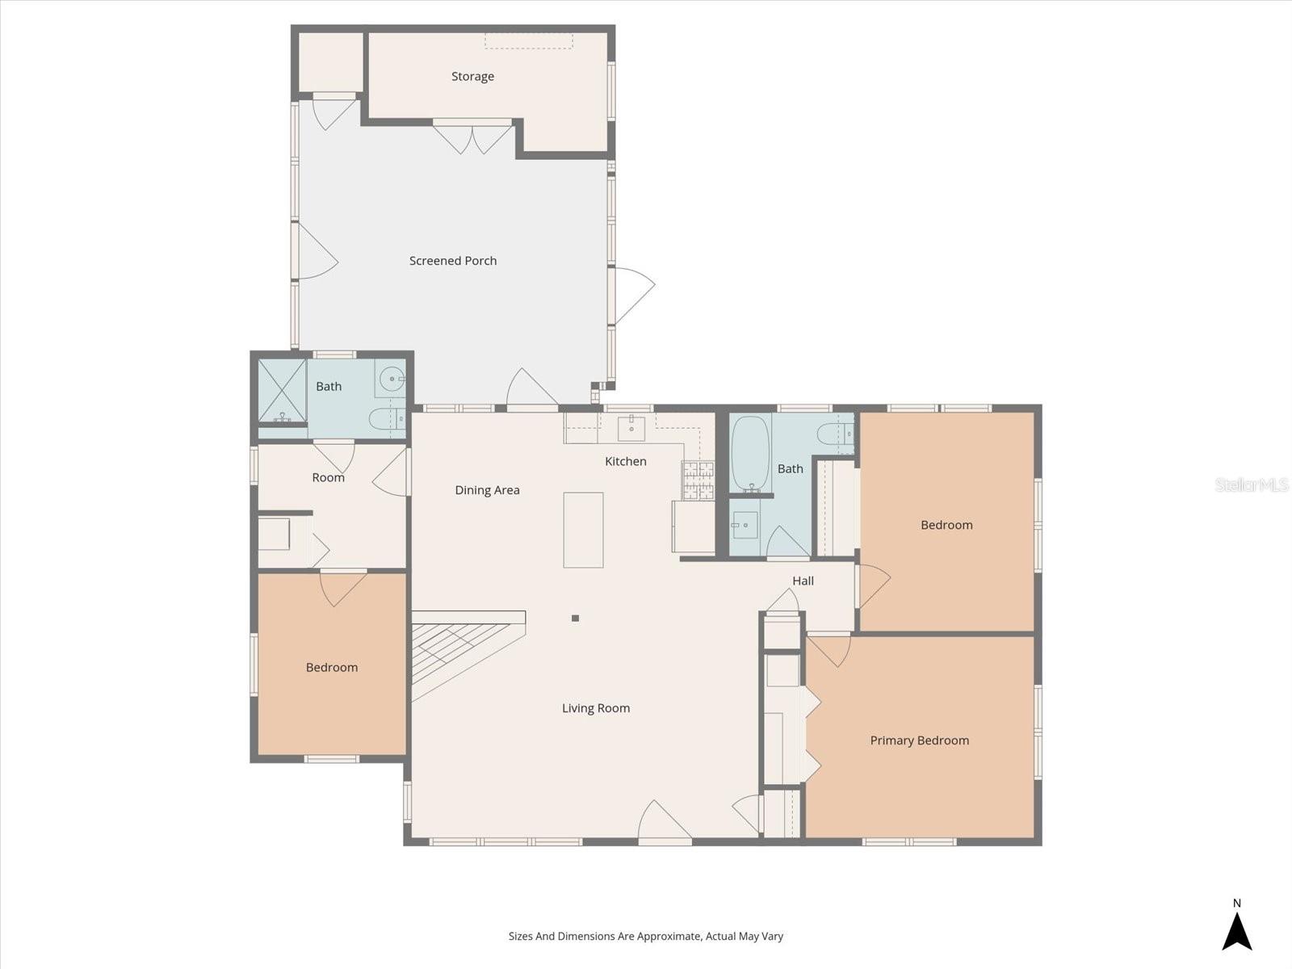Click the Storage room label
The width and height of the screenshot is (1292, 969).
[x=472, y=77]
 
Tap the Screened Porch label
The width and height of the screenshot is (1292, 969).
[x=452, y=261]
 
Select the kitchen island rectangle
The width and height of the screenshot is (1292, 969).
[x=583, y=530]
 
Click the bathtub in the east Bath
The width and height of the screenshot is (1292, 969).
[x=750, y=453]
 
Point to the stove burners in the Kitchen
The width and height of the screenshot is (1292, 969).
[x=698, y=480]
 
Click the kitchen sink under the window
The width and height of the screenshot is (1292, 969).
[x=631, y=429]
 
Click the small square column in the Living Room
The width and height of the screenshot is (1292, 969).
[x=575, y=619]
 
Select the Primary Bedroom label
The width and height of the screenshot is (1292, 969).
[x=919, y=740]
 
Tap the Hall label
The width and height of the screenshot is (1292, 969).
[x=803, y=581]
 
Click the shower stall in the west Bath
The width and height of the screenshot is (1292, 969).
[x=282, y=391]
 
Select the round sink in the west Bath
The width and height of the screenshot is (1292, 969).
[x=392, y=378]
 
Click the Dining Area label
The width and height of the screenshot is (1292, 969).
[x=487, y=490]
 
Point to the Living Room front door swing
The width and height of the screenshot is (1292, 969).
[x=663, y=821]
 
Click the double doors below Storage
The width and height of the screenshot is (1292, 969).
[x=472, y=137]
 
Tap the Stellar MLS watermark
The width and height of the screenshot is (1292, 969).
[x=1251, y=485]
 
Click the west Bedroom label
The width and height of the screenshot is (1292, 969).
[x=331, y=667]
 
